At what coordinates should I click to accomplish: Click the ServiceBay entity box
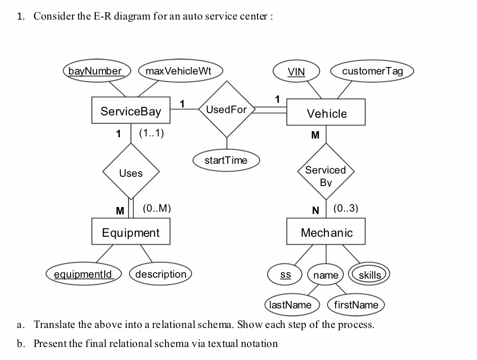tap(131, 111)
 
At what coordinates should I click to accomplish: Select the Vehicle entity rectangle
tap(326, 113)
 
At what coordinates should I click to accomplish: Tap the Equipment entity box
tap(131, 232)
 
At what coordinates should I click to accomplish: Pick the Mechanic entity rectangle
tap(326, 232)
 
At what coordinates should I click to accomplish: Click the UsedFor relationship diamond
tap(227, 110)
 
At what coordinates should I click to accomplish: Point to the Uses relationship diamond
tap(131, 173)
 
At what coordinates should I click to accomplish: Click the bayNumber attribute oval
tap(95, 71)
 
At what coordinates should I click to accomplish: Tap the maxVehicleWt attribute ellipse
tap(179, 71)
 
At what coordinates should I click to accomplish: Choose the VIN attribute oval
tap(297, 72)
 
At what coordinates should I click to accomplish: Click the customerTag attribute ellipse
tap(372, 71)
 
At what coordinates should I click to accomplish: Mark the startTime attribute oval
tap(226, 160)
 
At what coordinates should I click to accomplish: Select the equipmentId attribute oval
tap(83, 274)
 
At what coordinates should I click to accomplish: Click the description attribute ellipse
tap(160, 274)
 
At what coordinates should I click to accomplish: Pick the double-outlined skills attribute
tap(370, 275)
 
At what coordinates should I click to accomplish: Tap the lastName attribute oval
tap(291, 305)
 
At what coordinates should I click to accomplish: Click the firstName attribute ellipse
tap(356, 305)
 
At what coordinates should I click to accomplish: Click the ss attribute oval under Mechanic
tap(285, 275)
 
